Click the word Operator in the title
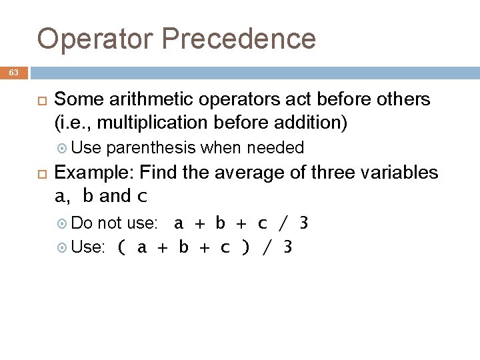pos(95,39)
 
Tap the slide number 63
pos(14,73)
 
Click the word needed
pos(275,147)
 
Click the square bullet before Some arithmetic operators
pos(40,101)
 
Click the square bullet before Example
pos(40,173)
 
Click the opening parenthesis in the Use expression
pos(121,248)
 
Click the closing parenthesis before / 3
pos(246,248)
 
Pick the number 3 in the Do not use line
pos(304,223)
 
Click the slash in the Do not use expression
pos(283,223)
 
